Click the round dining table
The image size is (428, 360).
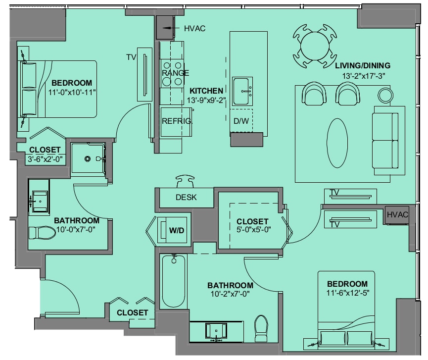point(315,46)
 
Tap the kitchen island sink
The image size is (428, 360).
point(242,91)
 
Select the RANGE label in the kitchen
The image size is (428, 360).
point(175,73)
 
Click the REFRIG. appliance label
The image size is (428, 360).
point(177,121)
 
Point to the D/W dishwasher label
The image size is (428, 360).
point(241,121)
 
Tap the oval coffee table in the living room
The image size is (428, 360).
point(337,143)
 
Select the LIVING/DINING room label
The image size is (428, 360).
point(363,65)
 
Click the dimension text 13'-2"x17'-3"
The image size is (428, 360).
point(364,76)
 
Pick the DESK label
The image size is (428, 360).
point(186,197)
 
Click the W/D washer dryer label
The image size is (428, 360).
point(177,231)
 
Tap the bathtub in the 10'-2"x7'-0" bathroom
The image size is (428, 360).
point(174,281)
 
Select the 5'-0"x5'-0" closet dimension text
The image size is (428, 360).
point(253,230)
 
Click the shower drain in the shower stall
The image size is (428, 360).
point(88,158)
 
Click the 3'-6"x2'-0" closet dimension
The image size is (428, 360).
point(45,159)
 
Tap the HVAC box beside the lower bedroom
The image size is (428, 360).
point(397,215)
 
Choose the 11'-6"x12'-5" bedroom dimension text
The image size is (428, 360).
point(348,293)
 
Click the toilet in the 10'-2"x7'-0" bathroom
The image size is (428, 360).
point(261,328)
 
